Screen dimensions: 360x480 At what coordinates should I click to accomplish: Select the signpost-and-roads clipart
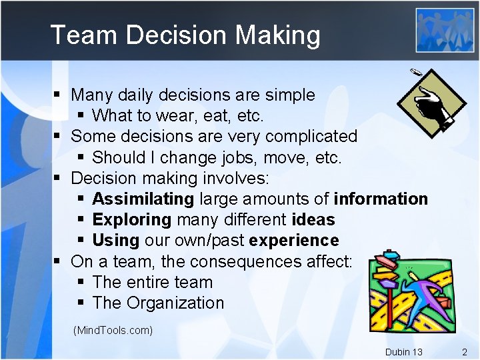click(408, 291)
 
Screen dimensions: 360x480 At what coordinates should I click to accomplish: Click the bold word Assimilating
click(143, 199)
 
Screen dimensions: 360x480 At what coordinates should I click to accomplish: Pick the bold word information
click(381, 199)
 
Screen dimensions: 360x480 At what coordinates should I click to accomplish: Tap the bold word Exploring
click(132, 219)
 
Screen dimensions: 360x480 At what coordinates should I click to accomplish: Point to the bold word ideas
click(313, 219)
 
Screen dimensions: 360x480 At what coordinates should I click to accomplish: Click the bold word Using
click(115, 240)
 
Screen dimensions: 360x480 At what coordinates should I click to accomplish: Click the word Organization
click(175, 303)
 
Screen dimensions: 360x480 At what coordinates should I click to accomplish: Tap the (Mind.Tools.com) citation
click(113, 330)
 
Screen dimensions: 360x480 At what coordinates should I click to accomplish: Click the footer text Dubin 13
click(403, 352)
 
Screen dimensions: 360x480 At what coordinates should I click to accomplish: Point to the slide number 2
click(465, 351)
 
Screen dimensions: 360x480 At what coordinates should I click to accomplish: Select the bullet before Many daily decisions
click(58, 95)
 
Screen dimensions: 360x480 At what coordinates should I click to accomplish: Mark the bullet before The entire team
click(80, 282)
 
